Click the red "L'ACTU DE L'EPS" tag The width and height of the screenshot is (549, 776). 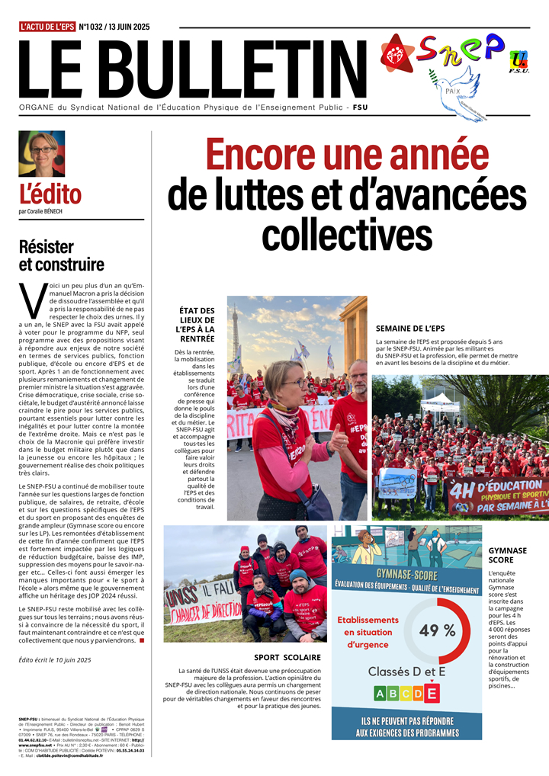47,27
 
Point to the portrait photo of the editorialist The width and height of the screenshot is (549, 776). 41,154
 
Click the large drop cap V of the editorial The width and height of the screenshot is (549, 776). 31,299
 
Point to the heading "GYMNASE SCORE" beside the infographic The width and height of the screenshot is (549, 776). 506,555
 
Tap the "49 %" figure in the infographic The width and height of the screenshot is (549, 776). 437,630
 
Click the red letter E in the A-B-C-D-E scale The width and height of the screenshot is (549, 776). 432,694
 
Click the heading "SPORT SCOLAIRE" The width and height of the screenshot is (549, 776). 287,657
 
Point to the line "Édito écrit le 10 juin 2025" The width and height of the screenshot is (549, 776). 55,660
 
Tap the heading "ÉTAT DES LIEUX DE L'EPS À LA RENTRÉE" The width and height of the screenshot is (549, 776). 196,325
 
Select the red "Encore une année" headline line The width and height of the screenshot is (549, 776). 347,154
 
